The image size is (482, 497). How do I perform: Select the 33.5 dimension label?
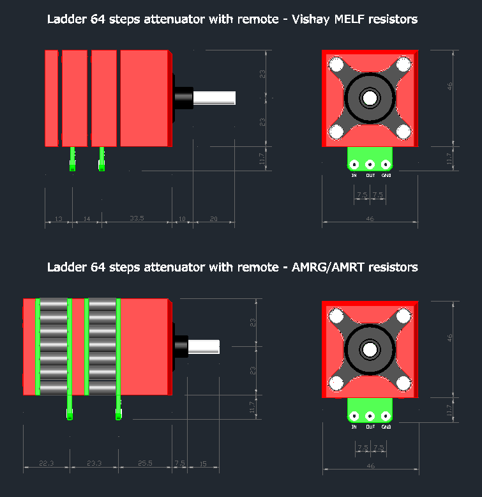[137, 218]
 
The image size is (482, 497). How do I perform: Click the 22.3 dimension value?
[47, 463]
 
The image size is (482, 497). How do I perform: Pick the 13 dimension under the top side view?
[58, 218]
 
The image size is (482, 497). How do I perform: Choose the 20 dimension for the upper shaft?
[214, 218]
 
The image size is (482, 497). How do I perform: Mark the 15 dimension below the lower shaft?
[203, 463]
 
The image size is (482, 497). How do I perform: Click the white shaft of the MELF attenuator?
[215, 98]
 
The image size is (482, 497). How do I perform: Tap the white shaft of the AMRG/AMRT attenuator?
[204, 347]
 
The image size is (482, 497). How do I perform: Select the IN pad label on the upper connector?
[354, 175]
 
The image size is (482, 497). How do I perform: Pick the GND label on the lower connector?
[386, 427]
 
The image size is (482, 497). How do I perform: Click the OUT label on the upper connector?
[370, 175]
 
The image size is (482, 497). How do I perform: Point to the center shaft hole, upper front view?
[370, 98]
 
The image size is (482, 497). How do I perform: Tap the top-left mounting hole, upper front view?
[336, 65]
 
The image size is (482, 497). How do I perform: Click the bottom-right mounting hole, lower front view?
[403, 383]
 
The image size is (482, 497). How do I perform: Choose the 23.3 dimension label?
[94, 463]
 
